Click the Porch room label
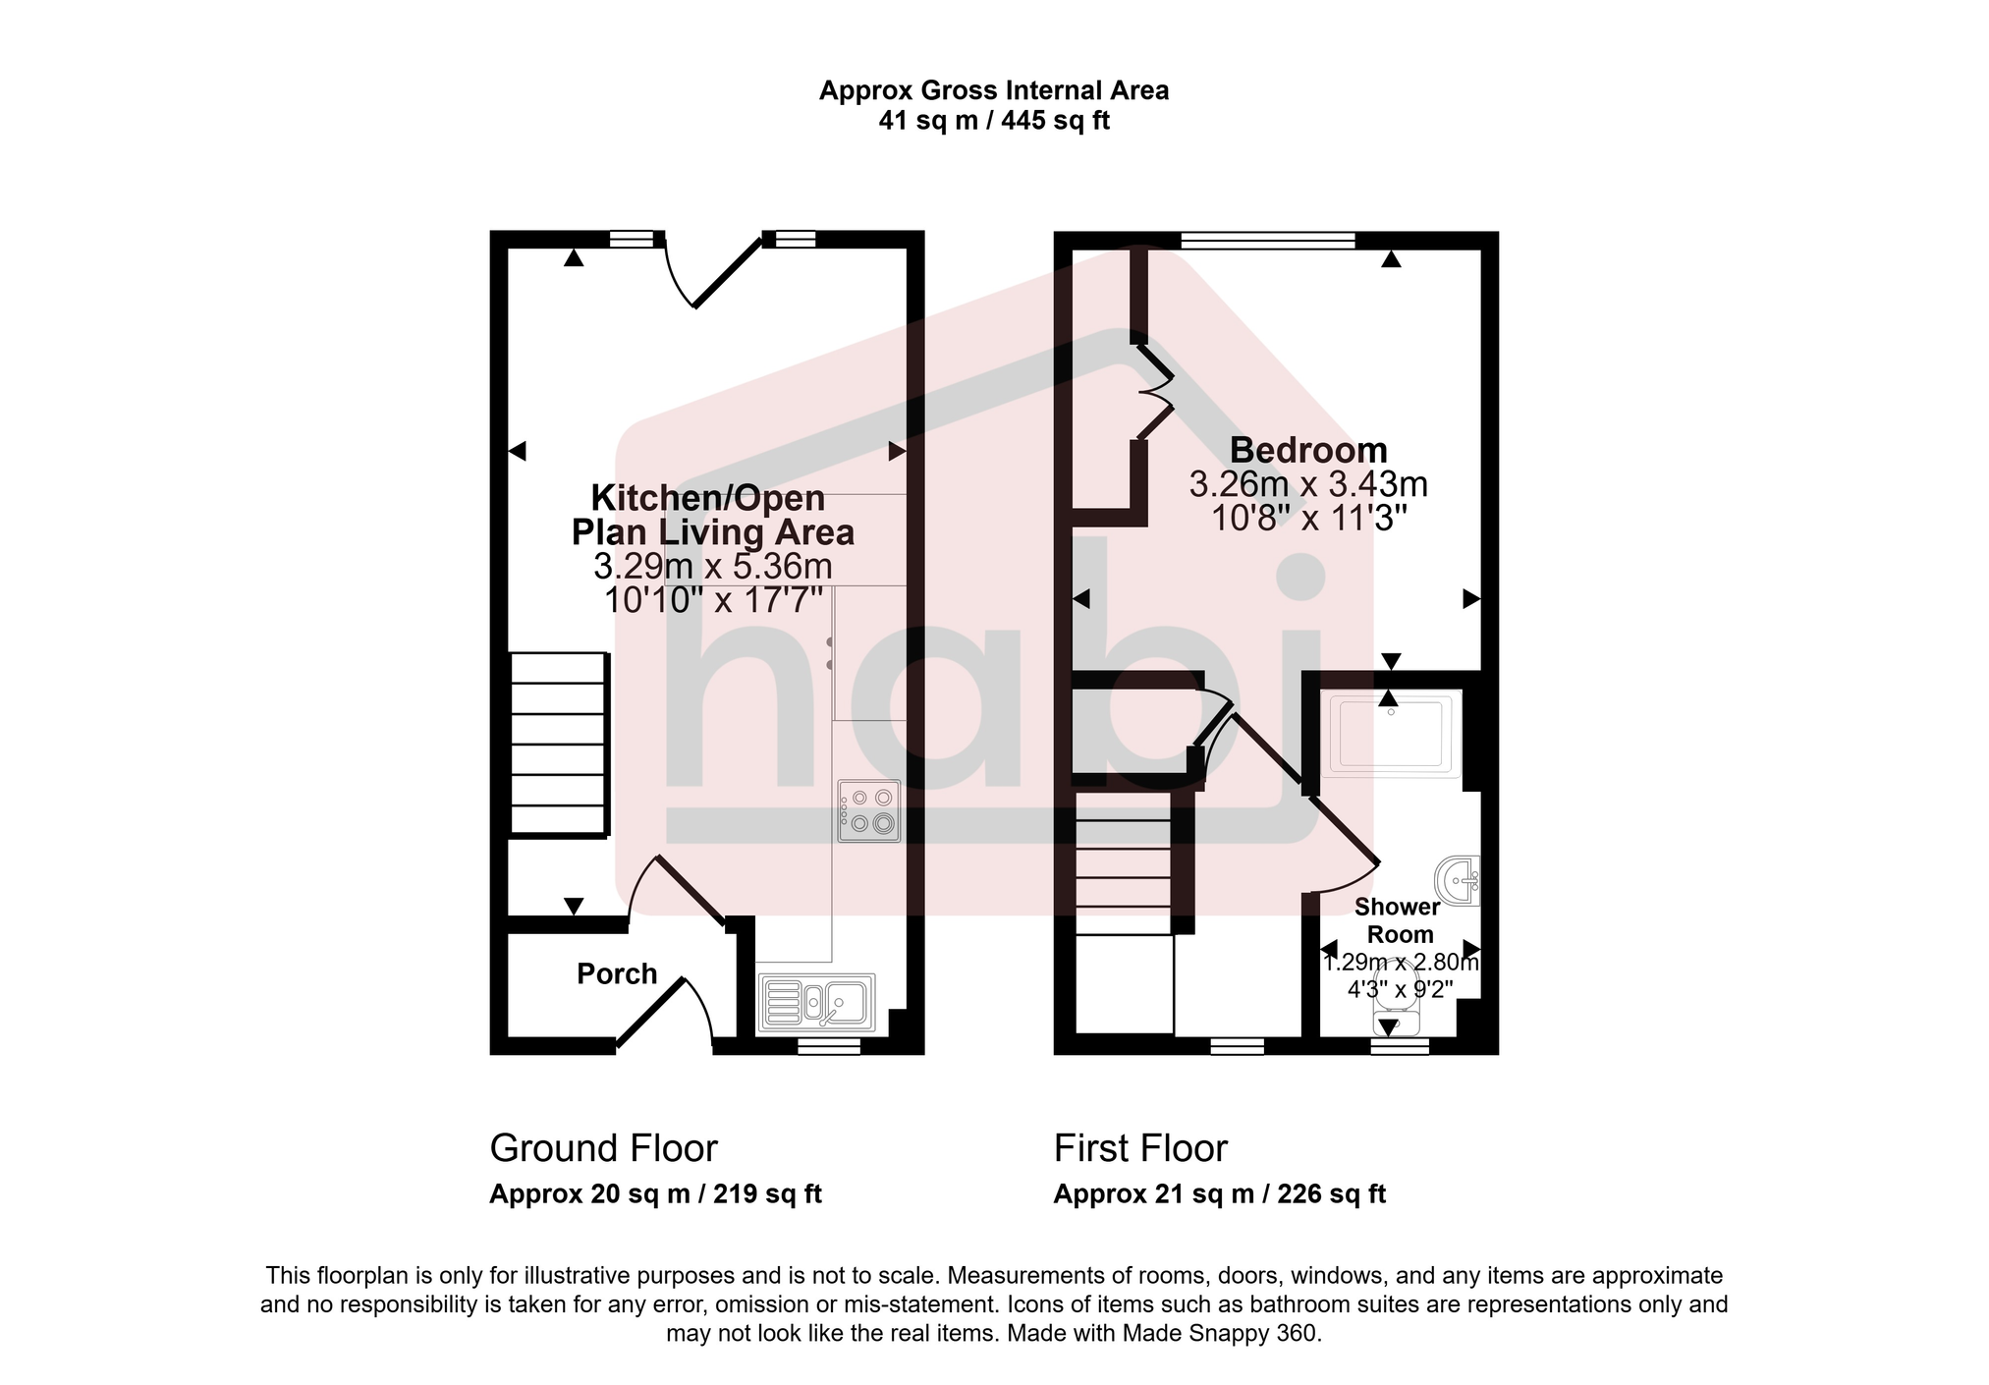tap(616, 973)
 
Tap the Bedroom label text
tap(1308, 450)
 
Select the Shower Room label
tap(1399, 920)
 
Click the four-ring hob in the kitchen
tap(868, 811)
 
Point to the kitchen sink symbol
tap(816, 1003)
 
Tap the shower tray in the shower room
tap(1390, 734)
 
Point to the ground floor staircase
tap(558, 745)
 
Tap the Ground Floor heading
tap(603, 1148)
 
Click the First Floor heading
tap(1140, 1148)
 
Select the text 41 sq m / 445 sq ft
tap(994, 121)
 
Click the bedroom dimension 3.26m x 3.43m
tap(1308, 484)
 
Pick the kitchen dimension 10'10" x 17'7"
tap(713, 599)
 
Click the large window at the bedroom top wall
tap(1267, 239)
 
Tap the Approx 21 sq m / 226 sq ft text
tap(1219, 1194)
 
